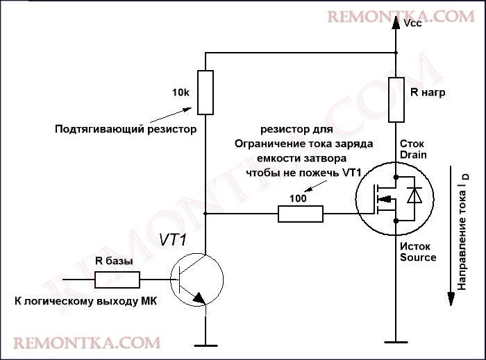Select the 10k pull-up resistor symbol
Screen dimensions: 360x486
[206, 92]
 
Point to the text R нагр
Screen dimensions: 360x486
[428, 93]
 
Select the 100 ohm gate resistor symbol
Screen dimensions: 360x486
[301, 214]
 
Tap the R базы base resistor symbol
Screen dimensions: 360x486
[117, 280]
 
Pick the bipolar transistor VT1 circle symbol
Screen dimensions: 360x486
[197, 280]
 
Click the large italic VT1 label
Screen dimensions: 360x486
[176, 240]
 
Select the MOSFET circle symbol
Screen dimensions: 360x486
[394, 197]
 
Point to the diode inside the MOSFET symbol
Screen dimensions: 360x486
[414, 196]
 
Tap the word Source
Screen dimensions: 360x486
[418, 257]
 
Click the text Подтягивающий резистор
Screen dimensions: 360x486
[126, 129]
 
